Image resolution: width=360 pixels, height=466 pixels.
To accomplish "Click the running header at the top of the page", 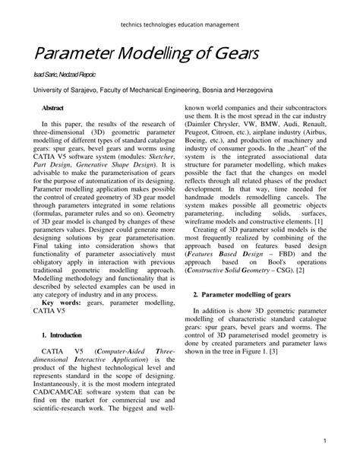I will tap(180, 24).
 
